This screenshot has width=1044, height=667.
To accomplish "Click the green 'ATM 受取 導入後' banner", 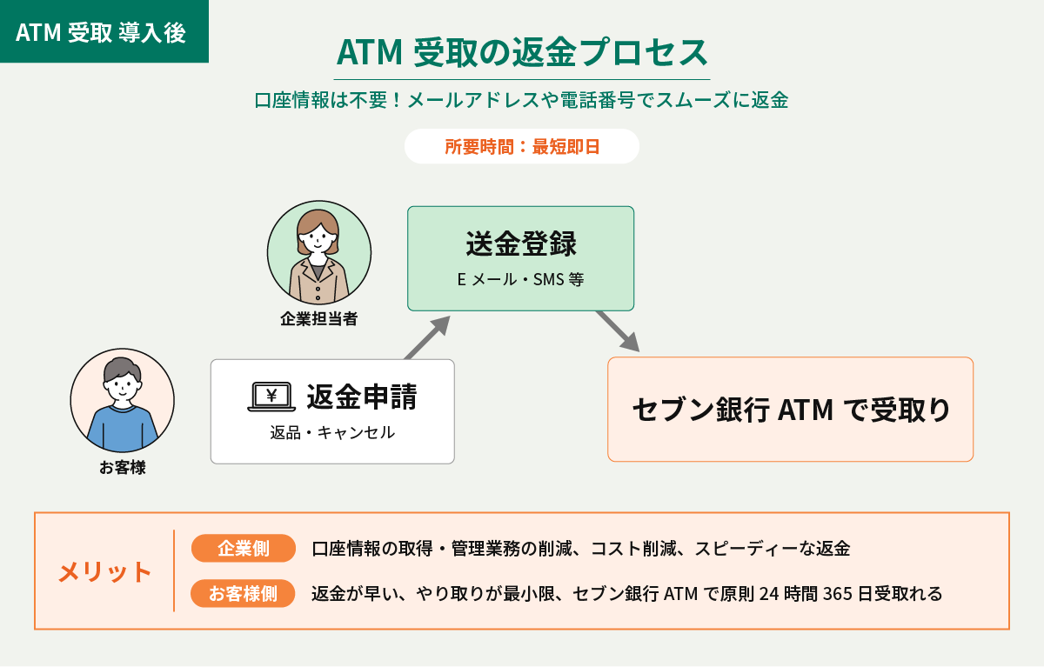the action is coord(104,31).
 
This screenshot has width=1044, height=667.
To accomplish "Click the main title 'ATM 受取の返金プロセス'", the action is coord(522,52).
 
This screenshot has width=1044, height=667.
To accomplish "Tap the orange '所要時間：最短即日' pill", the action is coord(522,146).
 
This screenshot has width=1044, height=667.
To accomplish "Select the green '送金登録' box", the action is coord(520,258).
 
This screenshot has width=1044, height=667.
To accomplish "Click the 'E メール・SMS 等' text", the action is coord(520,279).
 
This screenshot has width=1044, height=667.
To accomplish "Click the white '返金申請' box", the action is coord(332,411).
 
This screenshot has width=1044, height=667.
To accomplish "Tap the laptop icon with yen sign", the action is coord(271,397).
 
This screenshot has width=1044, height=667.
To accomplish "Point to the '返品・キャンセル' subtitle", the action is coord(332,433).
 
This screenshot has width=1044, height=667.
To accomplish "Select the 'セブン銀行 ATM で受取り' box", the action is coord(791,410).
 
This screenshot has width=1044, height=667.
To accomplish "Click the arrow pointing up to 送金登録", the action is coord(427,337).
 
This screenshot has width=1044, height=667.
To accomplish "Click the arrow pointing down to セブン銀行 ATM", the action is coord(618,331).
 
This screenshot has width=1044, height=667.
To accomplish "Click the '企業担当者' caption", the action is coord(318,319).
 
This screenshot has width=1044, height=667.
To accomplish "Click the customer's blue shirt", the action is coord(122,428).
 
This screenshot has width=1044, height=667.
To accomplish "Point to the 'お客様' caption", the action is coord(123,467).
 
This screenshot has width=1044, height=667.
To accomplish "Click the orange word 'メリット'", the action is coord(105,571).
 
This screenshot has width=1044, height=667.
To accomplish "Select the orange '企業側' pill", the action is coord(244,548).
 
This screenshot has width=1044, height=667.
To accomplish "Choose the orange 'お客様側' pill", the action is coord(243,593).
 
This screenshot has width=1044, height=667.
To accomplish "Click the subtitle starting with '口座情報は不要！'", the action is coord(521,100).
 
